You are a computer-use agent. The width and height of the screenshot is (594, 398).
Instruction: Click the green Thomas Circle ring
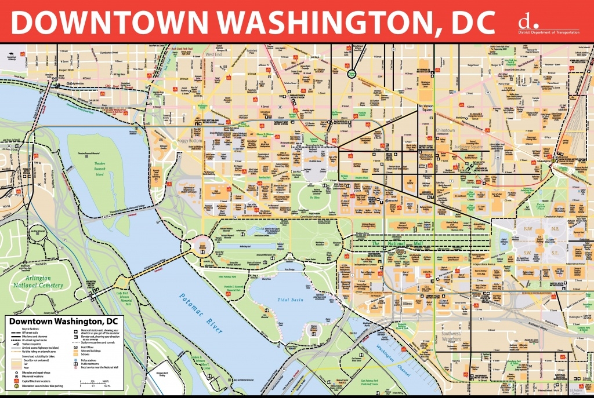coord(352,74)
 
